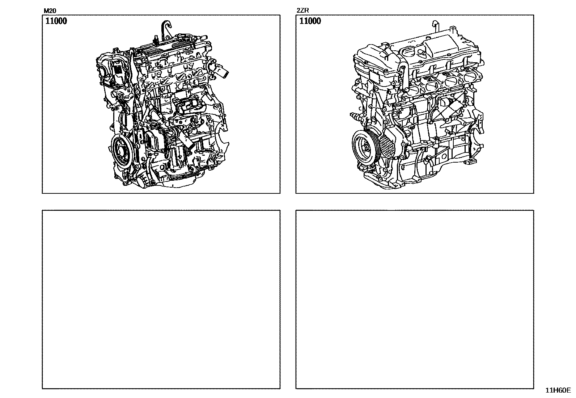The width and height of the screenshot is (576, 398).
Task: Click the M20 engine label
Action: (x=50, y=11)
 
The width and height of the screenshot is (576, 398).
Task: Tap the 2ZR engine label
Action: (x=303, y=11)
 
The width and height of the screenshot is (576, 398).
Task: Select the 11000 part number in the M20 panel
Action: (x=56, y=21)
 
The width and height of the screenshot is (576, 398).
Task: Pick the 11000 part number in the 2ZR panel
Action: (x=310, y=21)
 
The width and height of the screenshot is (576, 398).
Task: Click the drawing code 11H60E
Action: (x=558, y=390)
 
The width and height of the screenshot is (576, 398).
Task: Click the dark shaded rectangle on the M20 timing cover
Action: (x=118, y=70)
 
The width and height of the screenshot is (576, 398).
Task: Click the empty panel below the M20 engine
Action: (x=161, y=299)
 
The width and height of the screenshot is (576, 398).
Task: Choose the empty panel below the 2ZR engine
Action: (x=415, y=299)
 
